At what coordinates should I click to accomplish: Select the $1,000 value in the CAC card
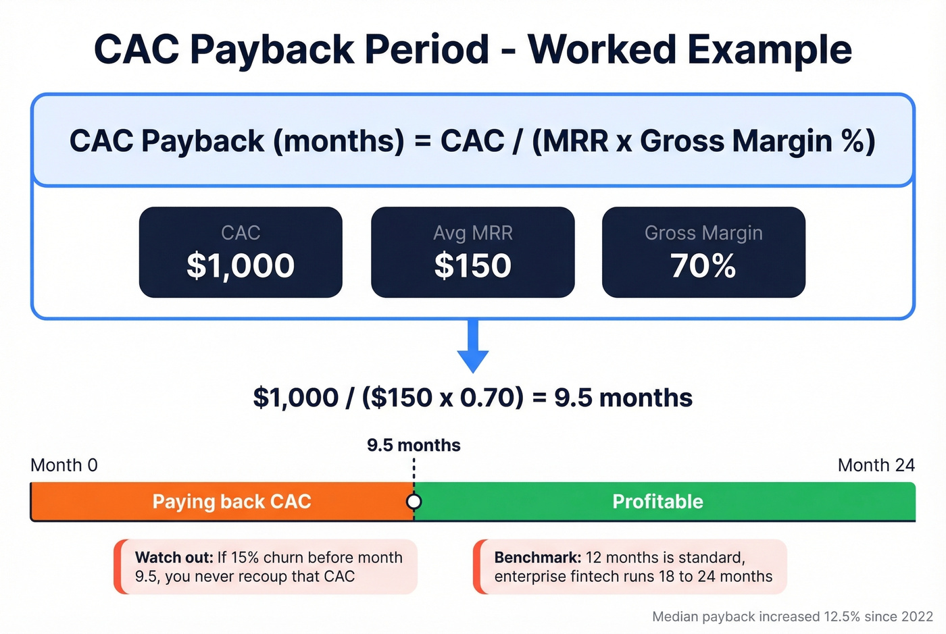point(241,265)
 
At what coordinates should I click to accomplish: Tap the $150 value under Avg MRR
point(472,265)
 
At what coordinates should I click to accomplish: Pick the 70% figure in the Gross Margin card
point(703,265)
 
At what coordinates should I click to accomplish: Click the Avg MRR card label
point(472,233)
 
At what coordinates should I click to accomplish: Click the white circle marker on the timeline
point(414,502)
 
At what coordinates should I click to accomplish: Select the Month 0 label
point(64,465)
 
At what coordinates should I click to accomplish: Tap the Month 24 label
point(876,465)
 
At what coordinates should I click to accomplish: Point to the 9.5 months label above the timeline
point(414,446)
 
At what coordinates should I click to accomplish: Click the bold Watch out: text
point(174,558)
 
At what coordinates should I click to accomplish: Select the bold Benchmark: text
point(537,558)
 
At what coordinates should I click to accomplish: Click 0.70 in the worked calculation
point(491,398)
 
